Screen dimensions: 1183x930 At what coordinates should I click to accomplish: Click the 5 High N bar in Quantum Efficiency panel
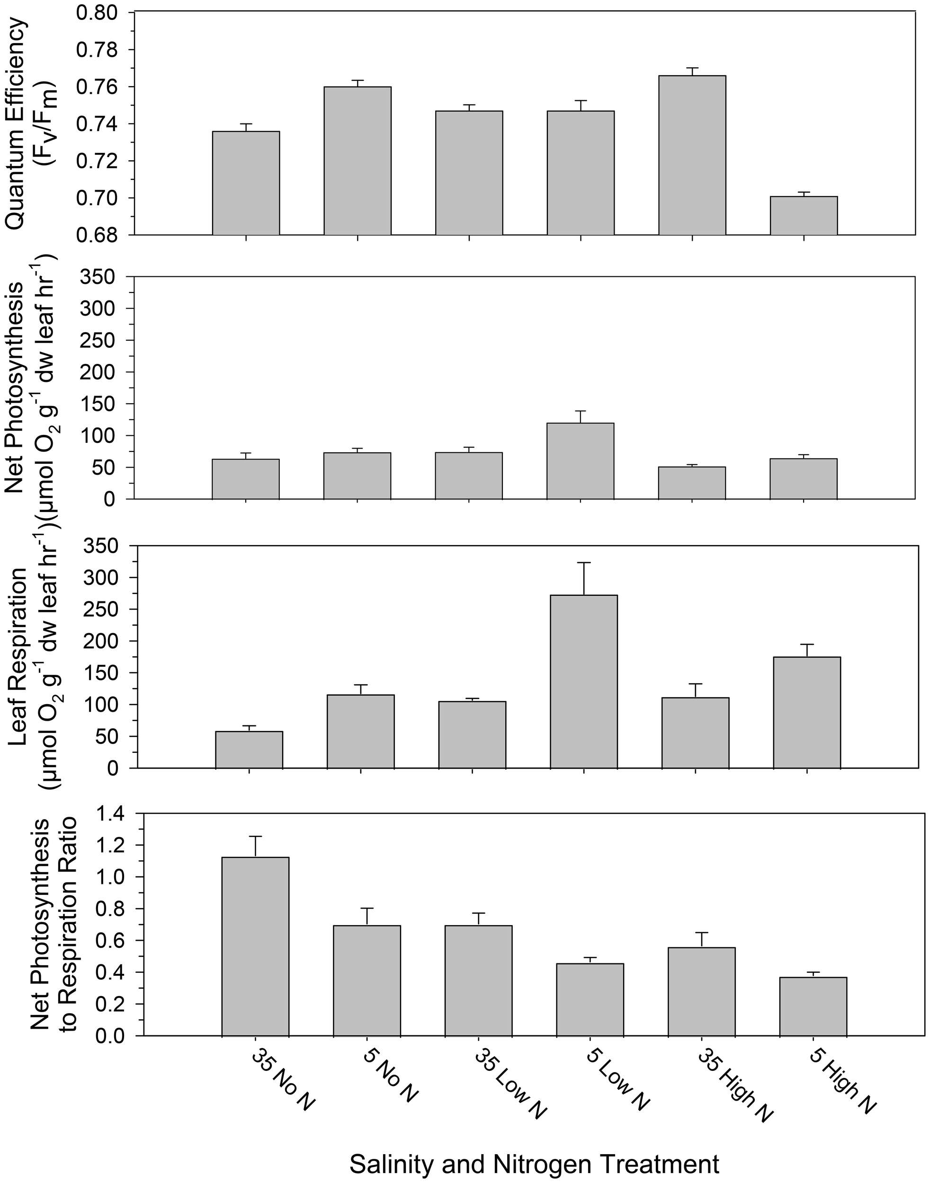point(804,216)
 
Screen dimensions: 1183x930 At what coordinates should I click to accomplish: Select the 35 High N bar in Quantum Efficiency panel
point(692,156)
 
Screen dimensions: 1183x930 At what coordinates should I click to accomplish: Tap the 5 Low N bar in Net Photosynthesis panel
point(581,461)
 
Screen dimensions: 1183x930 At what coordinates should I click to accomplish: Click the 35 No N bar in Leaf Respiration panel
point(249,750)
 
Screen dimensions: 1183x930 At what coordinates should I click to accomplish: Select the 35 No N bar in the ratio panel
point(255,946)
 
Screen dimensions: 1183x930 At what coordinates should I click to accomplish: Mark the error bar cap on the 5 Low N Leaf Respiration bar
point(584,563)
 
